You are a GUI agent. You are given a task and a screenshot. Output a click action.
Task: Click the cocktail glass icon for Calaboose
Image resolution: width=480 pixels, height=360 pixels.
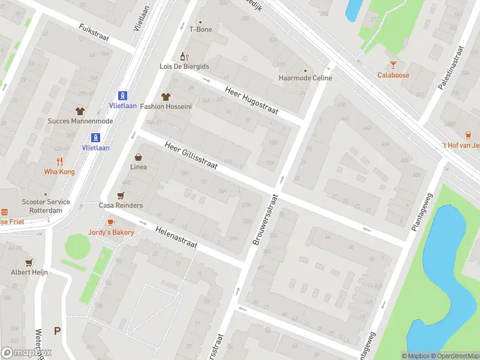pyautogui.click(x=393, y=65)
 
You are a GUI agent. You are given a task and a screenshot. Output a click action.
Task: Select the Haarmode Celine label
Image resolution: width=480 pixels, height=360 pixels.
pyautogui.click(x=305, y=78)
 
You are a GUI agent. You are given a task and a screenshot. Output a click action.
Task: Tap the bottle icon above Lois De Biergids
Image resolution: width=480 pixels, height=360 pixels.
pyautogui.click(x=184, y=56)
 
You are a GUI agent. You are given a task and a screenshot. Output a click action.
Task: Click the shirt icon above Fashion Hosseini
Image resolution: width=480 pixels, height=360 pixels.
pyautogui.click(x=166, y=96)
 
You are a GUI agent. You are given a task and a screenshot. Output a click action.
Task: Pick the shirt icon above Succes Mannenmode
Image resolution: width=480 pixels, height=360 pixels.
pyautogui.click(x=80, y=110)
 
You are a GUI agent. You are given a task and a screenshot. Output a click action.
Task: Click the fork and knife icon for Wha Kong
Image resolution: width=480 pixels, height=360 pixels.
pyautogui.click(x=59, y=161)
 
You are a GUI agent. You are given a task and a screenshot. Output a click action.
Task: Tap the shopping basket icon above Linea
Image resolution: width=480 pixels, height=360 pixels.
pyautogui.click(x=139, y=157)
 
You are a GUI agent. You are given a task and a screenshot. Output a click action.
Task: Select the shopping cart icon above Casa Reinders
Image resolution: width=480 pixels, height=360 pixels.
pyautogui.click(x=121, y=195)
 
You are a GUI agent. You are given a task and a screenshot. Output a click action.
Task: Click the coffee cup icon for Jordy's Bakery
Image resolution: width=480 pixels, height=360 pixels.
pyautogui.click(x=111, y=222)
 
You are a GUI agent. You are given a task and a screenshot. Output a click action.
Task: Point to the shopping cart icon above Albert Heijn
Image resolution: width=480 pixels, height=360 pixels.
pyautogui.click(x=28, y=262)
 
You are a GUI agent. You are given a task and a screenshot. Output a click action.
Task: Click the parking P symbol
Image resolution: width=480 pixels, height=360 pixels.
pyautogui.click(x=58, y=331)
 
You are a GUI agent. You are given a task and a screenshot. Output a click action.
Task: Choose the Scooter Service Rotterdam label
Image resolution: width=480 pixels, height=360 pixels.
pyautogui.click(x=46, y=206)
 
